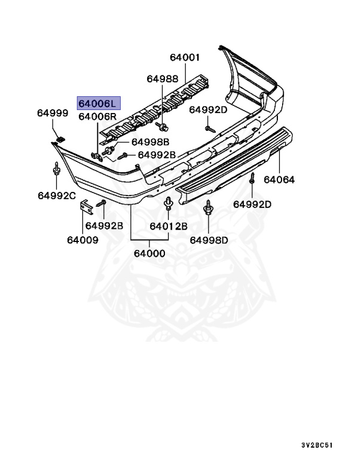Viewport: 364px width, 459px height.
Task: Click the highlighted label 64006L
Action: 99,103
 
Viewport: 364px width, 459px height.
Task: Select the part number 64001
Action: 185,58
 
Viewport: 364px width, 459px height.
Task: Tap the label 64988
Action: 163,79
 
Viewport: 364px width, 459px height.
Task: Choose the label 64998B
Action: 151,142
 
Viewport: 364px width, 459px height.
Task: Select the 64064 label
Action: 280,179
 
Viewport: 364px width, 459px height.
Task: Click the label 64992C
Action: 57,195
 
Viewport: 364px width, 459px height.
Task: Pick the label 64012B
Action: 169,226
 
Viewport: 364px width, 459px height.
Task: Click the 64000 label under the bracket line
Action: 149,253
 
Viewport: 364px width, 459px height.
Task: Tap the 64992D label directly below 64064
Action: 252,204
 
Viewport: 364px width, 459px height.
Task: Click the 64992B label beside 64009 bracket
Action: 104,225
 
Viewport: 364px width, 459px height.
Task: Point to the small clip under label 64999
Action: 60,139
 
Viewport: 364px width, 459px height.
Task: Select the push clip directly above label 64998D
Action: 209,208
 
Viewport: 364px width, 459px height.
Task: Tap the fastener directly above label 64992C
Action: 56,172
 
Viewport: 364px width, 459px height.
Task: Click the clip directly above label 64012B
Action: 167,206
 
